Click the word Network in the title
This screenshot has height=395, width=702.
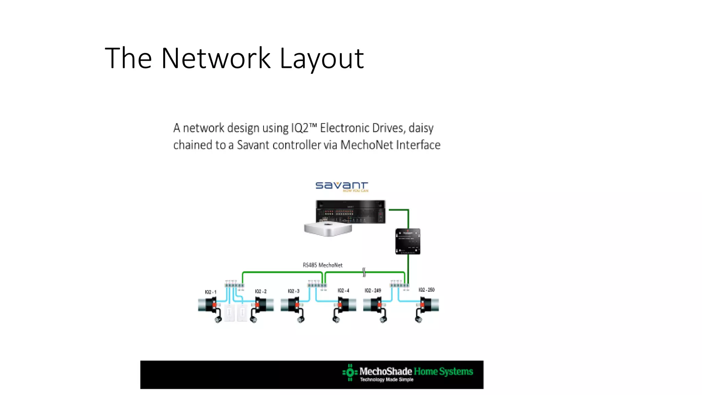216,58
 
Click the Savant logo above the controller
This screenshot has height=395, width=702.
341,186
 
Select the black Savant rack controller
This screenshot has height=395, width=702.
350,211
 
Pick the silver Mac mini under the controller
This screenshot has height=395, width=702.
328,229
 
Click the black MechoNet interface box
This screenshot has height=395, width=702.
408,241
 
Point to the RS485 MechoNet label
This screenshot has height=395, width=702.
323,265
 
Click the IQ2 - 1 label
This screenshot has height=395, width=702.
210,292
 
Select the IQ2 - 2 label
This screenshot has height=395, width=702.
261,291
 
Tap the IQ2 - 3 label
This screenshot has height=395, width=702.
293,291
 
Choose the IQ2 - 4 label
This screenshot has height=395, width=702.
343,291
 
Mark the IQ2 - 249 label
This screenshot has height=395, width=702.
373,291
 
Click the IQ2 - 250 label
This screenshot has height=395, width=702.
426,290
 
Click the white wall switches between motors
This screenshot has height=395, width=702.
236,313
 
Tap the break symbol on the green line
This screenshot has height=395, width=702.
364,272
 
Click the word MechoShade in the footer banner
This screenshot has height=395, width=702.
385,371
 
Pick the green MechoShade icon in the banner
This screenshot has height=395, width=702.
350,372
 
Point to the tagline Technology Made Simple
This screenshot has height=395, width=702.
386,380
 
